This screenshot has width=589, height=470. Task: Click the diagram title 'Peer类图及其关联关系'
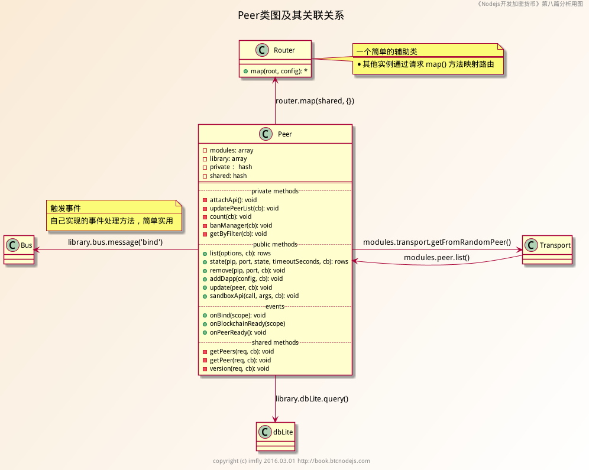[290, 15]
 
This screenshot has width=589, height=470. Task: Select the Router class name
[284, 50]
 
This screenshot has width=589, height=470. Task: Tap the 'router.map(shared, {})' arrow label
[315, 101]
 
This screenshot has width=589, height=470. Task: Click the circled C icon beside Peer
[266, 134]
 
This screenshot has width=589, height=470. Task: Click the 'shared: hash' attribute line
[228, 176]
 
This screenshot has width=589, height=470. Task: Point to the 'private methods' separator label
[275, 191]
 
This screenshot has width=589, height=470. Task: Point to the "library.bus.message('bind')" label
[115, 242]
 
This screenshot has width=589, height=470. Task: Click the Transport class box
[548, 250]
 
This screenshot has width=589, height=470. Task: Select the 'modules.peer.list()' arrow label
[436, 258]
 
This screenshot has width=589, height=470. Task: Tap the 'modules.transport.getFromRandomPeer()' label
[436, 242]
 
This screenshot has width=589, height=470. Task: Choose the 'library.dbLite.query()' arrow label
[312, 398]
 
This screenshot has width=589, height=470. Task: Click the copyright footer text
[291, 461]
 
